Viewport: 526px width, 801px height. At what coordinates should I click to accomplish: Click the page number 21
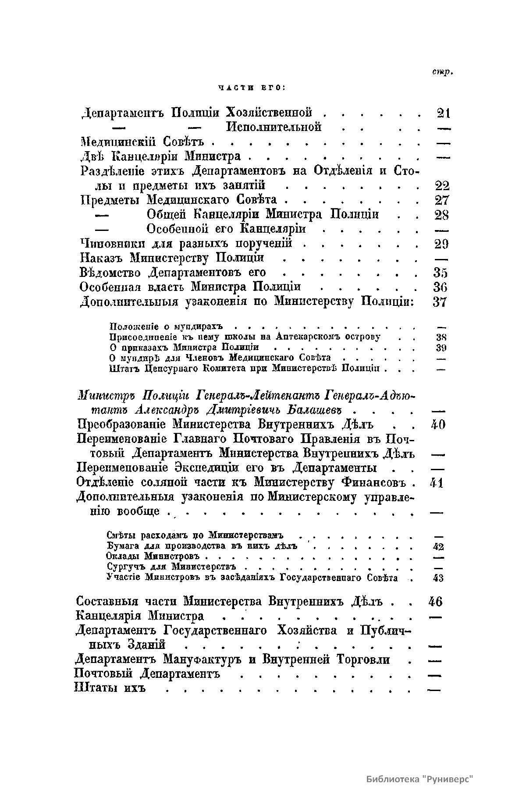point(444,113)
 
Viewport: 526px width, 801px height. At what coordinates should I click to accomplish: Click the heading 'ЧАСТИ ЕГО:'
point(252,88)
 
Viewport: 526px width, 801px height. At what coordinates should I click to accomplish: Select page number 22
point(441,186)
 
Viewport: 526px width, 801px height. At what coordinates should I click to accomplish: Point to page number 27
point(441,200)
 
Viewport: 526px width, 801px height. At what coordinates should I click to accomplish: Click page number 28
point(441,215)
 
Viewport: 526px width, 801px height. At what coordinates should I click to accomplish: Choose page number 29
point(441,244)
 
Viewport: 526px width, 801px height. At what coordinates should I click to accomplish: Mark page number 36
point(440,287)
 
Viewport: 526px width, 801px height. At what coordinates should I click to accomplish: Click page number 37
point(440,302)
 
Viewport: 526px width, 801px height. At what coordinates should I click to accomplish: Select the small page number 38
point(441,337)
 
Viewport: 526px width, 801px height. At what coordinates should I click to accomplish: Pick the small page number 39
point(441,348)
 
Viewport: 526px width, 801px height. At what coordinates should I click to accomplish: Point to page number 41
point(437,483)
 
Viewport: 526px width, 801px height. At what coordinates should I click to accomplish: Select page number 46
point(435,601)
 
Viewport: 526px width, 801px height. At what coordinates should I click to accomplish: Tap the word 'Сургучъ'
point(124,568)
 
